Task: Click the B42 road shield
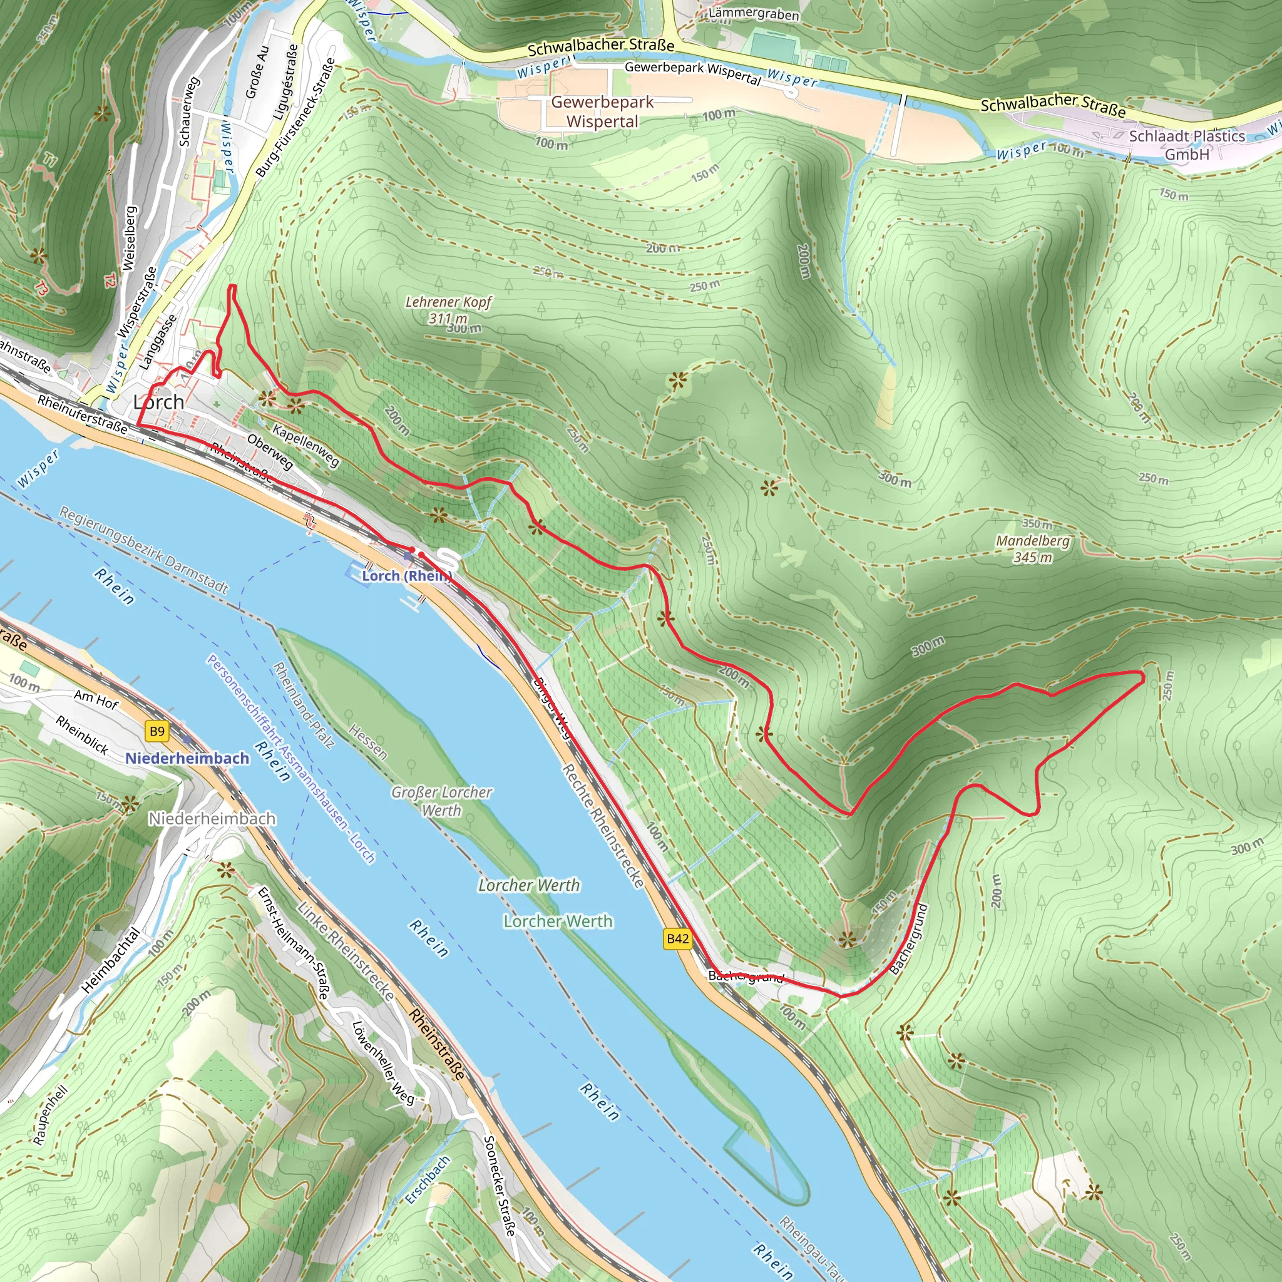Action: [x=677, y=938]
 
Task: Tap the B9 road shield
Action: [x=156, y=731]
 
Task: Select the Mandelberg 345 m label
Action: [x=1033, y=549]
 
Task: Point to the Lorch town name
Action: [x=158, y=402]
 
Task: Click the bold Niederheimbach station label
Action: [x=187, y=758]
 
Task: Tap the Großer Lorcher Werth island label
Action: [x=441, y=801]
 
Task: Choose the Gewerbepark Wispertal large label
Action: [x=602, y=111]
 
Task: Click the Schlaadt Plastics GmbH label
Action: [x=1186, y=145]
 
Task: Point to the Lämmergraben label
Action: [x=754, y=13]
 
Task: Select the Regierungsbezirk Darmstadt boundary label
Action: [x=144, y=550]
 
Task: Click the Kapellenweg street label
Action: [x=306, y=446]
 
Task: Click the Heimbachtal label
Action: [x=111, y=960]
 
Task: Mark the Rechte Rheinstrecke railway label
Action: [x=603, y=826]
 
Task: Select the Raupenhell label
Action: [x=51, y=1115]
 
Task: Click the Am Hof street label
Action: [x=96, y=699]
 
